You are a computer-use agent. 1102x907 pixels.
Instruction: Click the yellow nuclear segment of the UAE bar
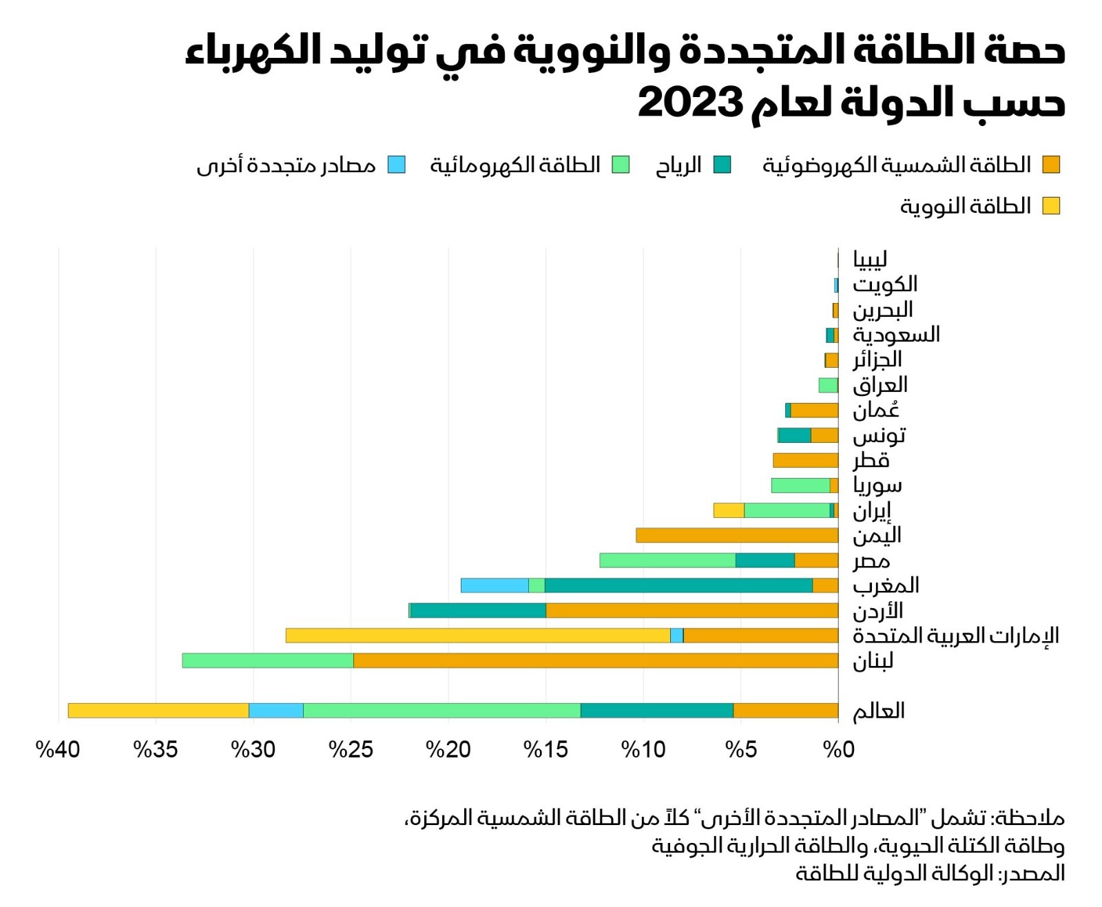[x=477, y=635]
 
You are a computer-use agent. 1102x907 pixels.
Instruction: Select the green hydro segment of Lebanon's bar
[x=267, y=660]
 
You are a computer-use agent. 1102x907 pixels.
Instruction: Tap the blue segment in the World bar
[x=275, y=710]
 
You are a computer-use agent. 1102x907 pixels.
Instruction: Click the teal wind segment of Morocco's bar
[x=678, y=585]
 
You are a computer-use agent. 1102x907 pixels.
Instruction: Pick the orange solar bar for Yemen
[x=737, y=535]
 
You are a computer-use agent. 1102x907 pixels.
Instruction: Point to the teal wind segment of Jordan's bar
[x=477, y=610]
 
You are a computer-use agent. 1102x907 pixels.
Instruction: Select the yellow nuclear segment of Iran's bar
[x=729, y=510]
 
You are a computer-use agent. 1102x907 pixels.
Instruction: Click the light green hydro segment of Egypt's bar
[x=667, y=560]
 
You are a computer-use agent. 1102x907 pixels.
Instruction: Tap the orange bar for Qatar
[x=805, y=460]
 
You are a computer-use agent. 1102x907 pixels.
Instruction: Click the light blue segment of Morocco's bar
[x=495, y=585]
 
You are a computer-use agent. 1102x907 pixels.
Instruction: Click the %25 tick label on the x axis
[x=351, y=749]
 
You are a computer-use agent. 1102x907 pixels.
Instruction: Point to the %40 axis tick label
[x=58, y=749]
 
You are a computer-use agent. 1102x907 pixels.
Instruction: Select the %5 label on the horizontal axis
[x=741, y=749]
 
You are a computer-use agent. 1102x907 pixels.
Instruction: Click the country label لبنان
[x=873, y=661]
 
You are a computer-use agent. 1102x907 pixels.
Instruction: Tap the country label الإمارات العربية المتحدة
[x=955, y=636]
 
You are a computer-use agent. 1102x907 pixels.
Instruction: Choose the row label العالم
[x=878, y=711]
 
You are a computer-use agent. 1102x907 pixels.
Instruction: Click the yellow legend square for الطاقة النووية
[x=1050, y=206]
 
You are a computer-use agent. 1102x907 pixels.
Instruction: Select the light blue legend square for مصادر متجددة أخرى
[x=396, y=165]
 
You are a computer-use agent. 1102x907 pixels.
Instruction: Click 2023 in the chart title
[x=689, y=103]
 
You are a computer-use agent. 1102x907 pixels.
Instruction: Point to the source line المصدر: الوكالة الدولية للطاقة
[x=930, y=873]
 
